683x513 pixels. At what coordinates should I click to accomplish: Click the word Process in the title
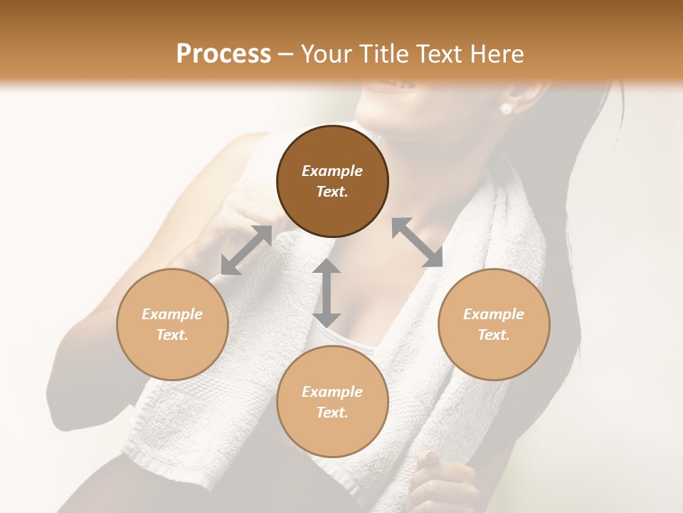pos(223,53)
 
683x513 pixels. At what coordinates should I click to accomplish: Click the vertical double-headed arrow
pos(327,293)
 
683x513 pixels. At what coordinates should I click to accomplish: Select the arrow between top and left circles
pos(246,250)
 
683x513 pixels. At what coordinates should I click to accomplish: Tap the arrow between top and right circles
pos(417,242)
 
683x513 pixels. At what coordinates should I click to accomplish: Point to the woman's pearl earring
pos(507,109)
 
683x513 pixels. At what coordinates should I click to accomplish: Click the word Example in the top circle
pos(332,171)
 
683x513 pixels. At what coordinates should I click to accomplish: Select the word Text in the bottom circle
pos(332,413)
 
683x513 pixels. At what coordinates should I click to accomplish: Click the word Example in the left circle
pos(172,314)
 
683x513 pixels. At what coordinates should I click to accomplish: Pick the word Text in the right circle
pos(494,335)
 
